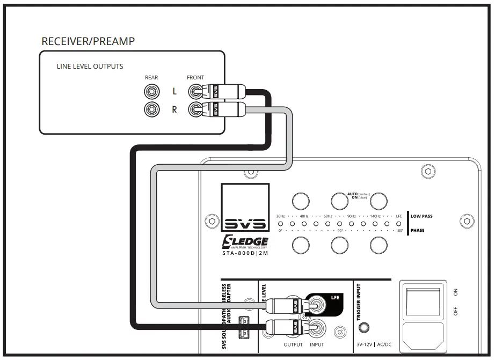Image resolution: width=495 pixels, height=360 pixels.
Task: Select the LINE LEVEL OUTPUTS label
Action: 90,67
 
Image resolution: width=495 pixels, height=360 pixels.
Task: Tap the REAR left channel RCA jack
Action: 151,92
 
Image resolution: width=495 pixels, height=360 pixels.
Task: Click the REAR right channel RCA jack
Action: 151,110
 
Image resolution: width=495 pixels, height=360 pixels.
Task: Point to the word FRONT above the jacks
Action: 195,78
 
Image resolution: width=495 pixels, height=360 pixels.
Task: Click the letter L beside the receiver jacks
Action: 174,92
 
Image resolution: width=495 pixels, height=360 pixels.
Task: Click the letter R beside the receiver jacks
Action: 174,110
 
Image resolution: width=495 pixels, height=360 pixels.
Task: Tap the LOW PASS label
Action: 421,216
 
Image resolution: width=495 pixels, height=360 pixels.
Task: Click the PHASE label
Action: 417,231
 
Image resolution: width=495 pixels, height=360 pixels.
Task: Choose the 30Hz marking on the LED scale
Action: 280,216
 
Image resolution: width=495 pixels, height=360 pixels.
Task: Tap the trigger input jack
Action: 367,327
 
